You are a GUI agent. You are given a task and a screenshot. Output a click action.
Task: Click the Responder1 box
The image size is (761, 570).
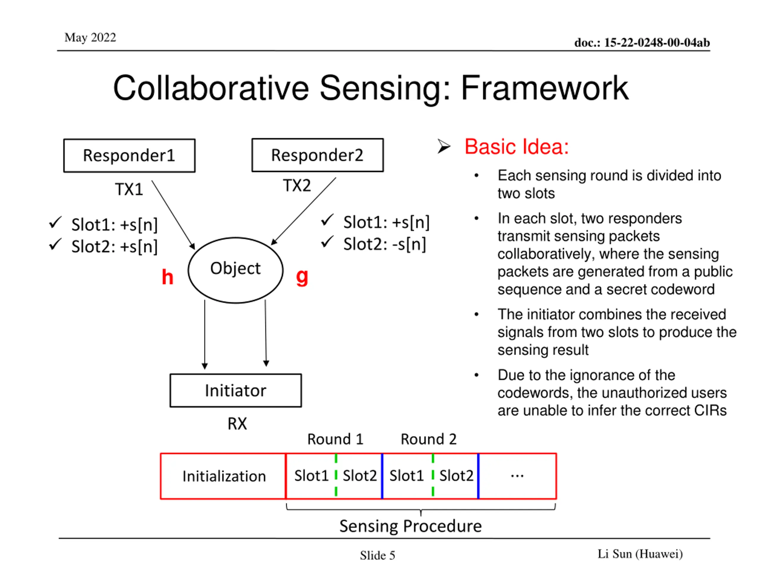coord(129,156)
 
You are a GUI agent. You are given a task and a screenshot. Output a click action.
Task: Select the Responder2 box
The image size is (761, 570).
coord(317,155)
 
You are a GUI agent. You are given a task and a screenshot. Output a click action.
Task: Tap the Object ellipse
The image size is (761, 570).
coord(236,270)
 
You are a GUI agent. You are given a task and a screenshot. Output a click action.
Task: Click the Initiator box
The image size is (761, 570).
coord(236,391)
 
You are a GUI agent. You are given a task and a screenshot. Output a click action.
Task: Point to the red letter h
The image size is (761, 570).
coord(168,277)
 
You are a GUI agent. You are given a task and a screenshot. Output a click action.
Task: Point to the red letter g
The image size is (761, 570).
coord(302,277)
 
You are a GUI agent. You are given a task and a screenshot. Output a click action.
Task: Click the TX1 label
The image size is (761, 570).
coord(129,189)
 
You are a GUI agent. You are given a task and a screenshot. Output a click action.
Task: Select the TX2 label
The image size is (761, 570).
coord(297,186)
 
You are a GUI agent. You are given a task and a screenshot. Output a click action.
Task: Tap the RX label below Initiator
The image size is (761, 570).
coord(238,424)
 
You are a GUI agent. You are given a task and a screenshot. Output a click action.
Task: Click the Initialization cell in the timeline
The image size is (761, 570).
coord(224,476)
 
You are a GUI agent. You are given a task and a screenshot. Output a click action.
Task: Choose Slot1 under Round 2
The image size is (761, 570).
coord(407,476)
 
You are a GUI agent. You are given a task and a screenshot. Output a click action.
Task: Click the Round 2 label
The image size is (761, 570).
coord(429,439)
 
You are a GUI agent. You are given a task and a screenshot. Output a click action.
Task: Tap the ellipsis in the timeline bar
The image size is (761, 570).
coord(517,476)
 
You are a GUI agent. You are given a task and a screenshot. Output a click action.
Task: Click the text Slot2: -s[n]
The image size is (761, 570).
coord(385,244)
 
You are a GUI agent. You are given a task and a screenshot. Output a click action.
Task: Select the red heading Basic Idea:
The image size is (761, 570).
coord(516,147)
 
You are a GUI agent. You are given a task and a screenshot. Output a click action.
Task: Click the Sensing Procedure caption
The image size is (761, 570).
coord(411,526)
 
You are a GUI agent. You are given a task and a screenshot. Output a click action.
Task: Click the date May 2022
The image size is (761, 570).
coord(90,37)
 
